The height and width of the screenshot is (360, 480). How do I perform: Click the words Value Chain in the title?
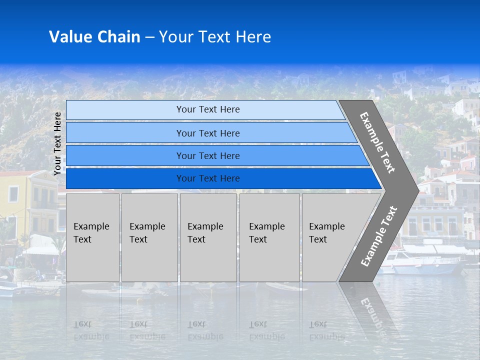click(94, 36)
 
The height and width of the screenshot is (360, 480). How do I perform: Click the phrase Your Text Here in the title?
click(214, 36)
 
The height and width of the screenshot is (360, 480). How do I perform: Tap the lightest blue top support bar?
click(207, 109)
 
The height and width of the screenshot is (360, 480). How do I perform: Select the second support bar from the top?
click(207, 133)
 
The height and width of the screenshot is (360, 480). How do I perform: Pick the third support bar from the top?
click(207, 155)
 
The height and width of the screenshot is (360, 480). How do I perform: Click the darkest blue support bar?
click(207, 178)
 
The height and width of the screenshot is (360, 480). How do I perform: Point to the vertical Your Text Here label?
click(57, 143)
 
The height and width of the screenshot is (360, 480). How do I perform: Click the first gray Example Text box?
click(92, 237)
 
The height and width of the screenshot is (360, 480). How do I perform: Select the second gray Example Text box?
click(149, 237)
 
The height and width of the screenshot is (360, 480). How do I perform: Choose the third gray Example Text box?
click(208, 237)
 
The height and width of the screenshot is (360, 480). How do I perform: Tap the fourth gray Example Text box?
click(269, 237)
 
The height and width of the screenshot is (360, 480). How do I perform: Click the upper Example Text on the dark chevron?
click(377, 142)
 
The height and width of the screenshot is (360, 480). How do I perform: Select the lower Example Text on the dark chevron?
click(379, 236)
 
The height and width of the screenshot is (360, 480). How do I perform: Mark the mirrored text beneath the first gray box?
click(91, 330)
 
